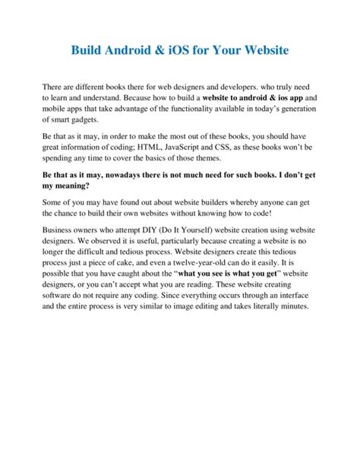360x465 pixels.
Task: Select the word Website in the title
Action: pos(264,52)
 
